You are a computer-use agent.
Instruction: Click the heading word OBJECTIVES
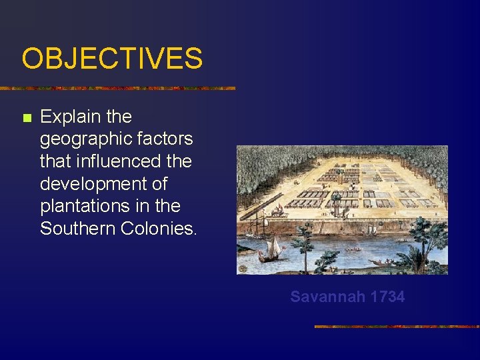111,58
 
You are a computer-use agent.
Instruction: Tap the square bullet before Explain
27,118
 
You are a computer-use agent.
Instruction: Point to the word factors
165,139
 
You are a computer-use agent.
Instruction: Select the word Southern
78,229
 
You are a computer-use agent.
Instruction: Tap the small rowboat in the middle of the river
353,249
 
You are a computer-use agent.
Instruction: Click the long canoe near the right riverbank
385,262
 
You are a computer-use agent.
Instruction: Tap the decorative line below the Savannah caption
397,327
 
